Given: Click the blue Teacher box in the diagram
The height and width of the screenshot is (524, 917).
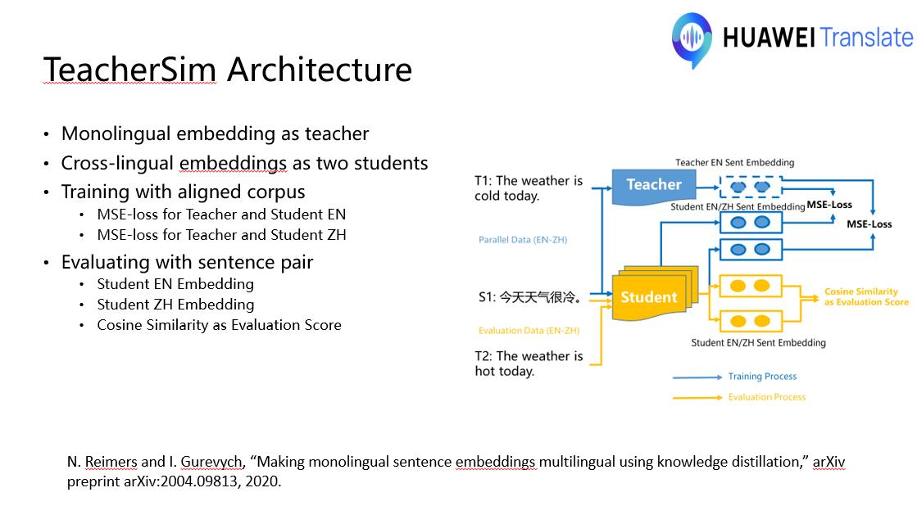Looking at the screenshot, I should (x=654, y=185).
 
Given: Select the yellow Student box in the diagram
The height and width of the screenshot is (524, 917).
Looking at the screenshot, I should (x=649, y=297).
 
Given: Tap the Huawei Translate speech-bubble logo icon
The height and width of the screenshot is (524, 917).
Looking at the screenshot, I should (x=692, y=38).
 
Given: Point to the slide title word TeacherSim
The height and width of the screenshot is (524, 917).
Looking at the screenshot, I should (x=129, y=70).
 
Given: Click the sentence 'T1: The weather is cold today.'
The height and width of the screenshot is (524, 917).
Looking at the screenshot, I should (x=529, y=188).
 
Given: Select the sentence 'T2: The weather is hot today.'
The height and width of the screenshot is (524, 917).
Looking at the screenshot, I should (x=529, y=364).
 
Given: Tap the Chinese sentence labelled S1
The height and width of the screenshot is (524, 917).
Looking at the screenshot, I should (x=529, y=297).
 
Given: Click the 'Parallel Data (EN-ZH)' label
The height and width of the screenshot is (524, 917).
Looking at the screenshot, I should (x=523, y=240).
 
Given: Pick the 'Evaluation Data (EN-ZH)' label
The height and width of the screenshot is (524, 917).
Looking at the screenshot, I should (x=529, y=331).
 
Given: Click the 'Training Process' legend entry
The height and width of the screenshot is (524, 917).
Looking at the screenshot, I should (x=762, y=377).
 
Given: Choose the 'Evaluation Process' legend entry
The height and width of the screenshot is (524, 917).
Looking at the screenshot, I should (x=767, y=397).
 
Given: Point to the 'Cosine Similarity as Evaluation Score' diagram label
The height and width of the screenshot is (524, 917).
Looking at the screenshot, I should (x=866, y=296).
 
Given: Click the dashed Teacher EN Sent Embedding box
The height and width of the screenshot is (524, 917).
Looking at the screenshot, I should (x=751, y=187).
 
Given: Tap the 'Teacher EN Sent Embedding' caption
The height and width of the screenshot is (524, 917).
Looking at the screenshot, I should (x=734, y=163).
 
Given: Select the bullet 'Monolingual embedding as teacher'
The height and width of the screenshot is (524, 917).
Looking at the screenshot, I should (x=215, y=133).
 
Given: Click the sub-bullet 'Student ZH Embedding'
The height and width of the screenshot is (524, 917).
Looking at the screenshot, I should (x=175, y=305).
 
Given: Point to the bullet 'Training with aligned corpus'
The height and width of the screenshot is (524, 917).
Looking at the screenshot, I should (x=183, y=192).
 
